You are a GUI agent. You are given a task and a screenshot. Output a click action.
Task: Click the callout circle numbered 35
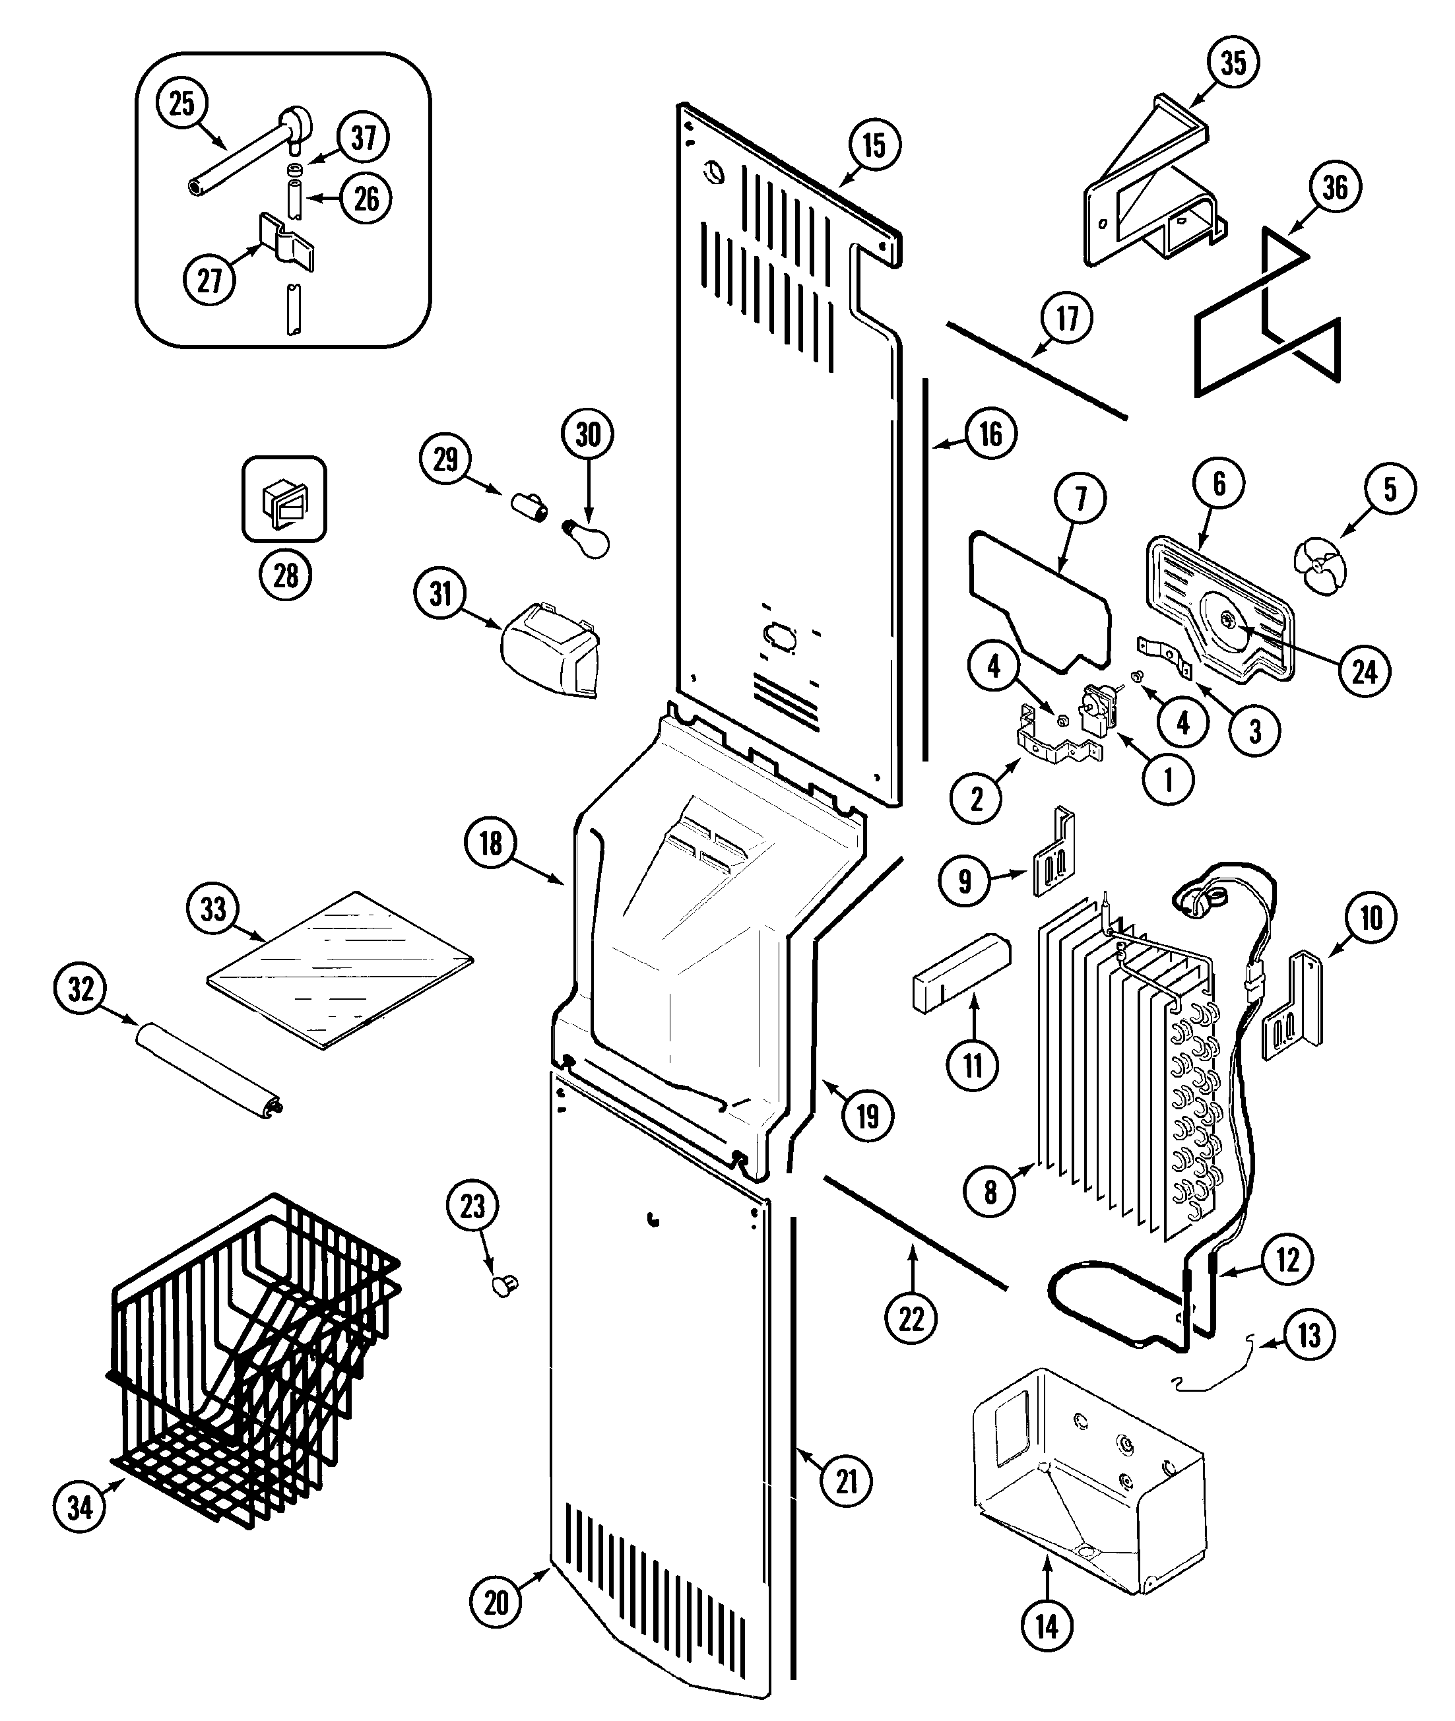[1233, 63]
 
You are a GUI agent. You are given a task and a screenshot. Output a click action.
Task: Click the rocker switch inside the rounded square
[283, 501]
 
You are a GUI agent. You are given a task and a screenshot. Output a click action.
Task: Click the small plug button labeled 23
[505, 1285]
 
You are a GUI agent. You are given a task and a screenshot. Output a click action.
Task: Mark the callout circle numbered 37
[364, 137]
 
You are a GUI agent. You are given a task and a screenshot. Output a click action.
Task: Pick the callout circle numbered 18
[491, 843]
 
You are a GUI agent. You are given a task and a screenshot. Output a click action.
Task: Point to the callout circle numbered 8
[990, 1191]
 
